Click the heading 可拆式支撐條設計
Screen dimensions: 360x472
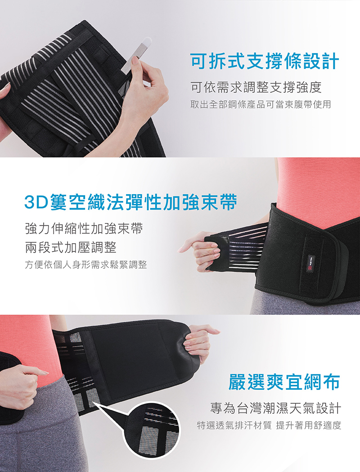265,62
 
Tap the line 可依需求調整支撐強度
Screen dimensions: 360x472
256,87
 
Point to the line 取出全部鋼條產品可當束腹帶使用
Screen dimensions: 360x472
261,104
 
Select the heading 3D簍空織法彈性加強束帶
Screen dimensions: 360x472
131,202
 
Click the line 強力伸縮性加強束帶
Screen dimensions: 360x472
84,229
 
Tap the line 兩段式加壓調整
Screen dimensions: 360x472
71,247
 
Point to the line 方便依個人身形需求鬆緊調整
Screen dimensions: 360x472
86,265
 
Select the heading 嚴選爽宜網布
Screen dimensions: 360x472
284,382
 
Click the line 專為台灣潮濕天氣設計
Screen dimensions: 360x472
275,408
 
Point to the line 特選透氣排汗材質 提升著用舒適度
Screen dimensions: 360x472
269,425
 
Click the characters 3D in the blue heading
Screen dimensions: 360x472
36,203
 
